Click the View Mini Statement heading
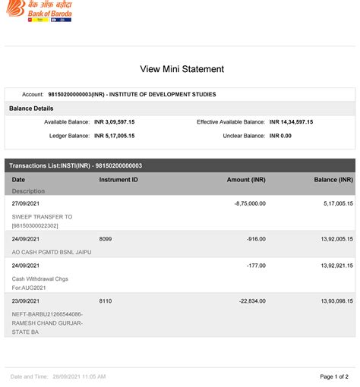(182, 69)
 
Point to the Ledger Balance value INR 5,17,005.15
(114, 136)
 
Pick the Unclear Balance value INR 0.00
(280, 136)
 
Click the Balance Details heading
(31, 109)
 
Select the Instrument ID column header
(118, 180)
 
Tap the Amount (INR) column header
(246, 180)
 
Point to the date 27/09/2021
(27, 204)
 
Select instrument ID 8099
(106, 238)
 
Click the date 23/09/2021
(27, 301)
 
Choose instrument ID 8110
(106, 301)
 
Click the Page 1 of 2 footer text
(334, 376)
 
